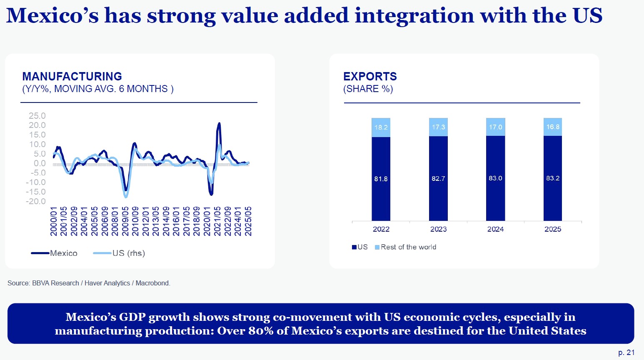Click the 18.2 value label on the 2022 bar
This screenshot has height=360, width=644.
click(x=381, y=127)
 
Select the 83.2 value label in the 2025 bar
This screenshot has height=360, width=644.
click(x=553, y=178)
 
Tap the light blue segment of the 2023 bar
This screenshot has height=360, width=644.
click(x=438, y=127)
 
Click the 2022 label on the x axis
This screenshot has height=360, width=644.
click(x=381, y=229)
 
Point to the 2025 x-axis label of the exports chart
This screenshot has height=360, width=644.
click(x=553, y=229)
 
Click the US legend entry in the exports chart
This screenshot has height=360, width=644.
click(x=360, y=247)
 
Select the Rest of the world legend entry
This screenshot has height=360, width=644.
click(x=406, y=247)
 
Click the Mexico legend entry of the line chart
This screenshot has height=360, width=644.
click(x=55, y=253)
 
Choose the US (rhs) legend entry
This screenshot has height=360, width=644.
click(x=119, y=253)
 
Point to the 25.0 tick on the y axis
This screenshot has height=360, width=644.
click(x=37, y=116)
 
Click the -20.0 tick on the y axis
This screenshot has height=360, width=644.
click(x=36, y=202)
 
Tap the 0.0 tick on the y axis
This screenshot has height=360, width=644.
click(x=40, y=163)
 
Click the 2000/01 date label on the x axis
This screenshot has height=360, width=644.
click(x=54, y=221)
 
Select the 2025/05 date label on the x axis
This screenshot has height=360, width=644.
click(x=248, y=221)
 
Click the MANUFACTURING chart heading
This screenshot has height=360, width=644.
click(x=72, y=77)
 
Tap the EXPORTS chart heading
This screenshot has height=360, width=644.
click(x=370, y=77)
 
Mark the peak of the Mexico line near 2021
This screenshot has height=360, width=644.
click(x=219, y=123)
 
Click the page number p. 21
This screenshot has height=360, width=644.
click(x=627, y=352)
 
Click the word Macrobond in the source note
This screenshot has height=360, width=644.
click(x=152, y=283)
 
